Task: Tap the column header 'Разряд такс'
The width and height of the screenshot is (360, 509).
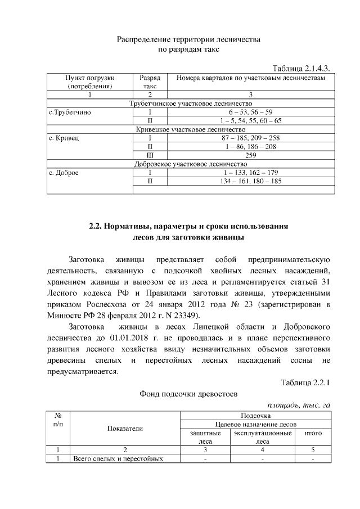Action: pyautogui.click(x=150, y=82)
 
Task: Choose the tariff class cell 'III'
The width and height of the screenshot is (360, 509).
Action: pyautogui.click(x=150, y=155)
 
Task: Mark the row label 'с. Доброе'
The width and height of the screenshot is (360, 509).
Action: pyautogui.click(x=64, y=173)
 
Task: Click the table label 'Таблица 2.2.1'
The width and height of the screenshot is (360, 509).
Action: pyautogui.click(x=304, y=383)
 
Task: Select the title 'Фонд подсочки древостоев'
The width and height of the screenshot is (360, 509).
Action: pyautogui.click(x=188, y=394)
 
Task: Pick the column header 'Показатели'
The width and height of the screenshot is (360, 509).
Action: pyautogui.click(x=125, y=429)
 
